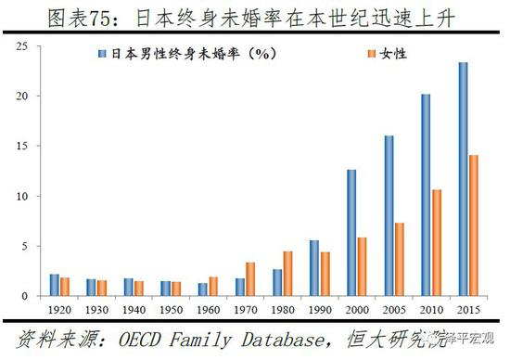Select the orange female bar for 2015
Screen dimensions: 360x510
click(473, 226)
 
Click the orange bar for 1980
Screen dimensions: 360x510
click(287, 275)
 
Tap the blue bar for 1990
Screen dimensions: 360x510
click(314, 269)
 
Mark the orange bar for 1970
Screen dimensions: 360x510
click(250, 279)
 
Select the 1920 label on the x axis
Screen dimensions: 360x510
click(59, 309)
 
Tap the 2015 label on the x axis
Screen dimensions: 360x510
click(468, 309)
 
